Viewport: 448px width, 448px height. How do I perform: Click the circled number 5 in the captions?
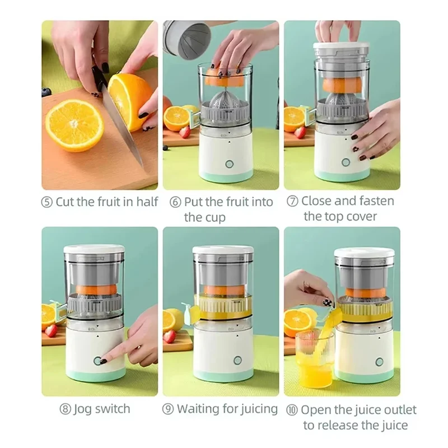pos(47,202)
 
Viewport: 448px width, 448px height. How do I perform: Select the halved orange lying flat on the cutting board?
pos(74,125)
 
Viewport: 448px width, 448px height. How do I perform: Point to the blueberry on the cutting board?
pos(46,92)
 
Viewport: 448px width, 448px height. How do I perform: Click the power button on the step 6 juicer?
pos(228,164)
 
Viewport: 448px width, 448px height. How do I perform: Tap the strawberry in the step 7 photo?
pos(301,132)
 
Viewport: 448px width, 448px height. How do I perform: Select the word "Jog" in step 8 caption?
pos(82,409)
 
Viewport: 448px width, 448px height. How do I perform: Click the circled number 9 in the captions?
pos(168,409)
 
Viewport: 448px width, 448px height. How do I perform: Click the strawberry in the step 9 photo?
pos(170,336)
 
